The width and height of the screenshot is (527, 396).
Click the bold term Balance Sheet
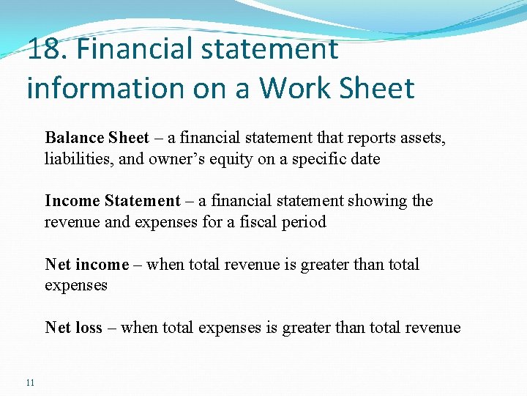97,138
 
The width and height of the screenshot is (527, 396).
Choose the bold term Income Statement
112,201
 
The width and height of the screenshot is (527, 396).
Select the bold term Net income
86,264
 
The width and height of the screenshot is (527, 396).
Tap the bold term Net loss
73,328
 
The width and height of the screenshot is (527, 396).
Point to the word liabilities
72,158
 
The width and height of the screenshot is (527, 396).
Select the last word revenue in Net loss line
432,328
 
